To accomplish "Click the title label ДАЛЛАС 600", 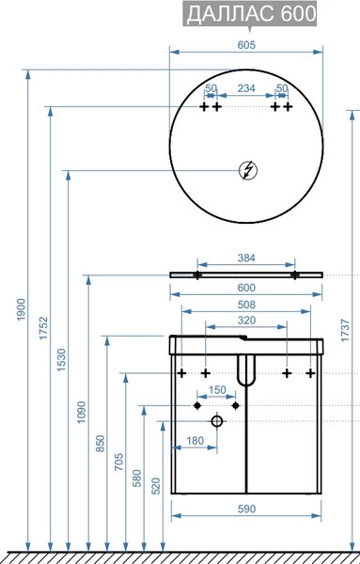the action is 251,14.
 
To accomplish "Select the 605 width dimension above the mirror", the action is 246,45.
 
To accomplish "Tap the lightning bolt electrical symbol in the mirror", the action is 248,170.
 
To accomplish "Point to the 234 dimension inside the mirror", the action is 246,88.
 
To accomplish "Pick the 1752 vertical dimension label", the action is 43,328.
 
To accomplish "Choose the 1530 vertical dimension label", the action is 62,360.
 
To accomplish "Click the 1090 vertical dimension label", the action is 82,413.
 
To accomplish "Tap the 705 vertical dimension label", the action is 118,462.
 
